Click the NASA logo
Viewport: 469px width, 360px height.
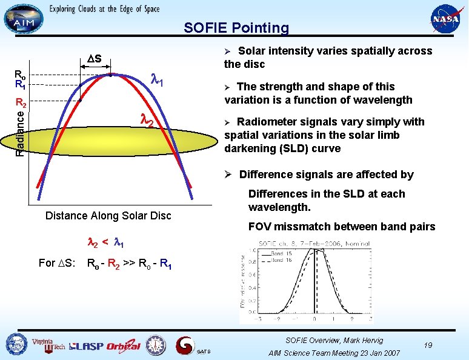pyautogui.click(x=445, y=19)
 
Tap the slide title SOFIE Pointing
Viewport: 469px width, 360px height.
pyautogui.click(x=236, y=28)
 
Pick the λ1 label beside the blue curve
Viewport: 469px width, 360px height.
pyautogui.click(x=158, y=79)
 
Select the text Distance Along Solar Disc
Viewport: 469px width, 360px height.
pyautogui.click(x=108, y=215)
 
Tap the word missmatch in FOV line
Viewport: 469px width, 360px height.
pyautogui.click(x=302, y=227)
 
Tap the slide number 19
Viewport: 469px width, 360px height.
pyautogui.click(x=428, y=344)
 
